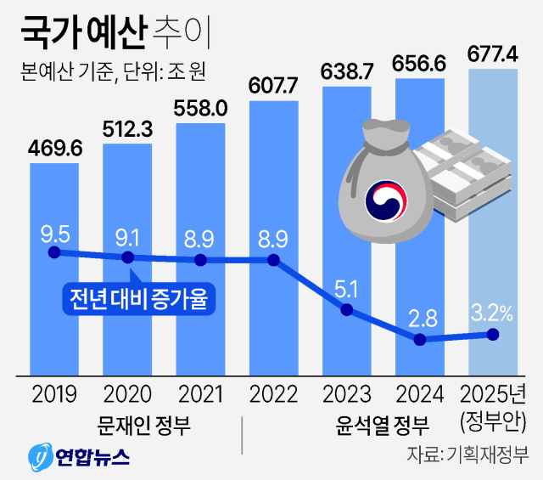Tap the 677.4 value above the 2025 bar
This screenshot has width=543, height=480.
tap(493, 55)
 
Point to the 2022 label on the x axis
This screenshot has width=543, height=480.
tap(273, 394)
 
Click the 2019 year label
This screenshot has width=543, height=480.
tap(54, 394)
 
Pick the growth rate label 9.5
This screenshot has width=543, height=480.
tap(54, 232)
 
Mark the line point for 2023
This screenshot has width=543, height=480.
tap(346, 309)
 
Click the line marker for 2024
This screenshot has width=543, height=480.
tap(419, 339)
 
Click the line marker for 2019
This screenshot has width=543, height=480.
tap(54, 252)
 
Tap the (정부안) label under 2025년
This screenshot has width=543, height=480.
tap(492, 421)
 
